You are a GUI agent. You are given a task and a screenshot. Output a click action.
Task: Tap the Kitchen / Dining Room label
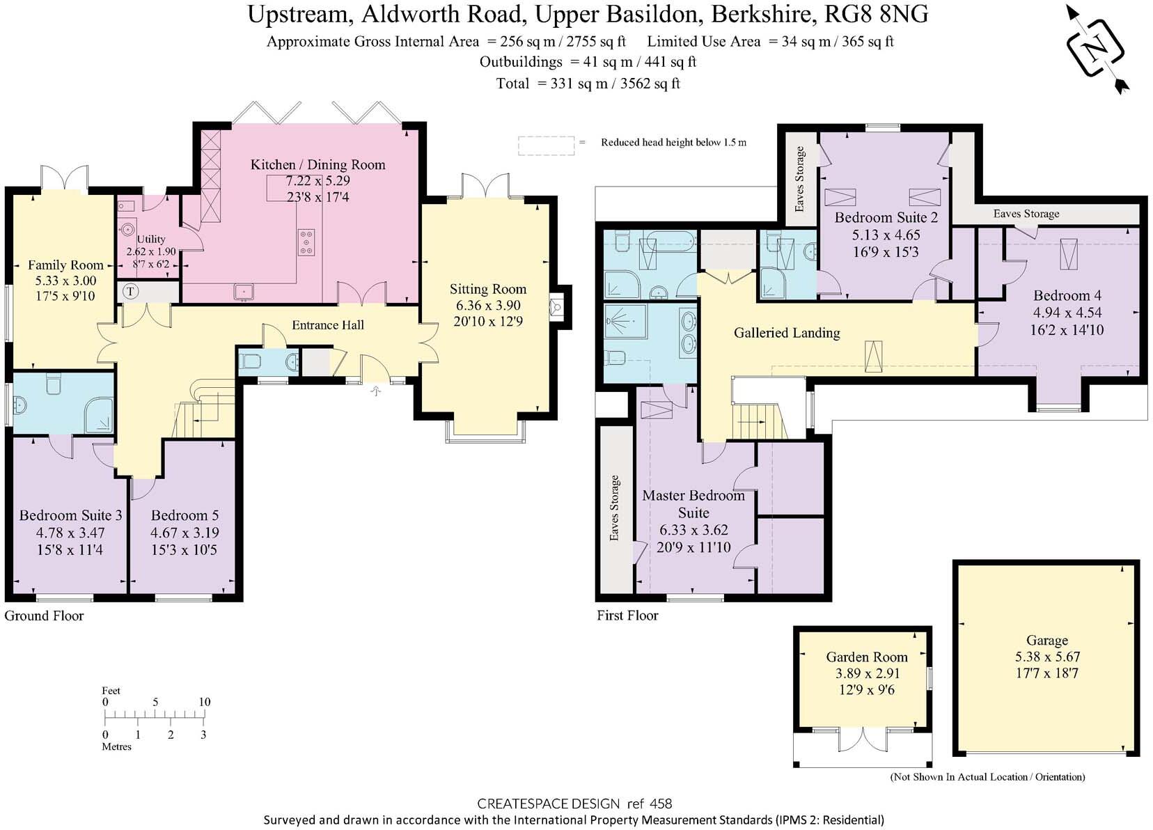click(x=317, y=165)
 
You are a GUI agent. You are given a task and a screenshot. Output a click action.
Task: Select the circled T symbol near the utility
click(x=130, y=292)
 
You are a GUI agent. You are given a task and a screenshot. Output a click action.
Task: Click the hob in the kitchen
click(x=306, y=242)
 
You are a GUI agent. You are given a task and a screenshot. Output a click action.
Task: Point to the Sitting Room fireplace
click(x=556, y=308)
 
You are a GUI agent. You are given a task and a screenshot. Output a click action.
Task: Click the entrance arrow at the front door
click(x=376, y=391)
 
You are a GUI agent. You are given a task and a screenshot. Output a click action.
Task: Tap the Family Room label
click(x=65, y=265)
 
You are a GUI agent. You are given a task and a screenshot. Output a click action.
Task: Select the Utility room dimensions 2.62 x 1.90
click(x=151, y=252)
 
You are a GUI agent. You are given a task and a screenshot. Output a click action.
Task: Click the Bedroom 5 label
click(x=185, y=515)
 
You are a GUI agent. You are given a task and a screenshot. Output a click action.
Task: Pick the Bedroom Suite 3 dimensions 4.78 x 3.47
click(x=70, y=533)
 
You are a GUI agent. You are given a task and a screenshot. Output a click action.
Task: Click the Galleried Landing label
click(x=787, y=333)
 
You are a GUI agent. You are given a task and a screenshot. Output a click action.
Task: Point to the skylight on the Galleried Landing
click(x=873, y=357)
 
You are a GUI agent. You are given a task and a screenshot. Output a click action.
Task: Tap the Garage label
click(x=1047, y=640)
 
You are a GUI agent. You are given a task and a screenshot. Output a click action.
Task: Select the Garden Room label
click(x=867, y=657)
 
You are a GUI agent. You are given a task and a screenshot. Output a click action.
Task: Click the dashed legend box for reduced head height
click(x=546, y=146)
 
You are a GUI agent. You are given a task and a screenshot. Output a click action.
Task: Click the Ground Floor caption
click(x=45, y=616)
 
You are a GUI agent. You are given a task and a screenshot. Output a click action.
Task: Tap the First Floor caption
click(x=627, y=616)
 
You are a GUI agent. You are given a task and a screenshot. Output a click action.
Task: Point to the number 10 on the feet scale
click(x=204, y=702)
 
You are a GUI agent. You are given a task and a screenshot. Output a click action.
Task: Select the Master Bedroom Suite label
click(x=693, y=504)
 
